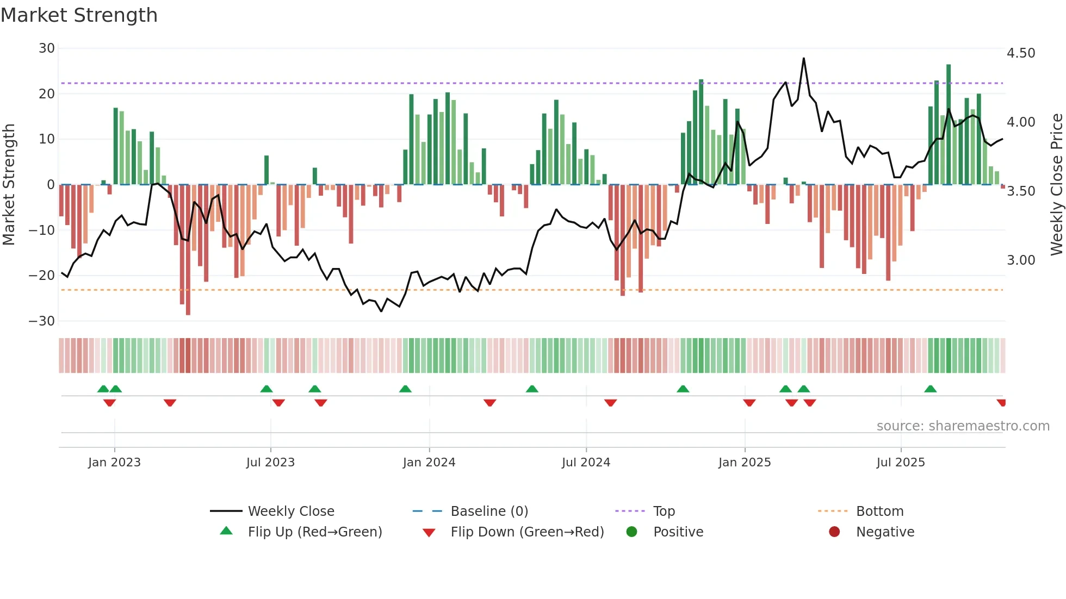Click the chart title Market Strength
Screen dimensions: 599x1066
pyautogui.click(x=79, y=15)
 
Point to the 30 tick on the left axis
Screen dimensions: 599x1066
pyautogui.click(x=47, y=48)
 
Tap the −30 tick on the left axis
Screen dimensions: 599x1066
pyautogui.click(x=42, y=321)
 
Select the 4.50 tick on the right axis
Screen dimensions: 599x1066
pyautogui.click(x=1021, y=53)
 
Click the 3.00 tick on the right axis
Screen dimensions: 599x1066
pyautogui.click(x=1021, y=260)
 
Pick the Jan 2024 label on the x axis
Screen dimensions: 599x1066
pyautogui.click(x=429, y=463)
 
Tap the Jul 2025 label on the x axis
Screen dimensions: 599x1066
pyautogui.click(x=901, y=463)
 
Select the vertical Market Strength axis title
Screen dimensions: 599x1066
pyautogui.click(x=9, y=185)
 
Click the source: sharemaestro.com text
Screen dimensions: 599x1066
pyautogui.click(x=963, y=426)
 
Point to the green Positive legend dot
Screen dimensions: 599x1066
pyautogui.click(x=631, y=532)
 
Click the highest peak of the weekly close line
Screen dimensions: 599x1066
pyautogui.click(x=803, y=59)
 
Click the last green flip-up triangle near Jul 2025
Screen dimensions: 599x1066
pyautogui.click(x=931, y=389)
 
